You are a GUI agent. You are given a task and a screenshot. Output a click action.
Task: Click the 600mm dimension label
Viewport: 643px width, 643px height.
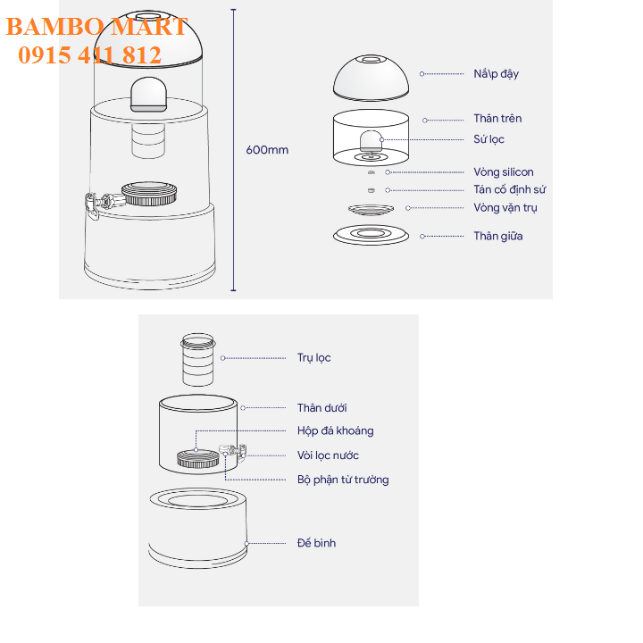(x=267, y=150)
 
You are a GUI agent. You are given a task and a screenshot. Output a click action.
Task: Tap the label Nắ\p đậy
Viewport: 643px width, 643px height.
(x=497, y=74)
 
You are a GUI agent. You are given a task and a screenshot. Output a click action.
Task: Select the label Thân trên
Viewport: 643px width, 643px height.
(x=497, y=119)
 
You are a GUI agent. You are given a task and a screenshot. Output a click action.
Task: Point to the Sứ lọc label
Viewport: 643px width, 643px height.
(x=489, y=139)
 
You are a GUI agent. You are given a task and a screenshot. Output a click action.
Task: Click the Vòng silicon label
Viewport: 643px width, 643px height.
(x=504, y=171)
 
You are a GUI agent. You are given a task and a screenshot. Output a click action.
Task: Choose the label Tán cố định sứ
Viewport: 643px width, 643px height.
(x=510, y=189)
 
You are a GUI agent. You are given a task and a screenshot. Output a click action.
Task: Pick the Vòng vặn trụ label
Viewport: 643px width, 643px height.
(x=505, y=208)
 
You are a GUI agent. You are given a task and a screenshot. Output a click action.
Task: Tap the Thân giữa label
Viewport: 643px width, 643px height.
(x=498, y=236)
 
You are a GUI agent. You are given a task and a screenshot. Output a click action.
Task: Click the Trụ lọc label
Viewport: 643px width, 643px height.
(x=314, y=358)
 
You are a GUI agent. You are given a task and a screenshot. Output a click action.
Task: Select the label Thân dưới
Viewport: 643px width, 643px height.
(x=321, y=408)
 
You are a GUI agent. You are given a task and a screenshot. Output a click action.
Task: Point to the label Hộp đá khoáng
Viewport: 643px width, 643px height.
(x=336, y=431)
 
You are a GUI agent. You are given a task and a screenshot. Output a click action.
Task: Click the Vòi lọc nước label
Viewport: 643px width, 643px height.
(x=328, y=455)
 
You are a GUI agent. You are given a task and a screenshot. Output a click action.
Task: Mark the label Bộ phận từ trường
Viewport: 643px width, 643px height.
(x=343, y=480)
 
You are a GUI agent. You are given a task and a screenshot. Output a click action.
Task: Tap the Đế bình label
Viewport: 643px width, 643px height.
(x=316, y=543)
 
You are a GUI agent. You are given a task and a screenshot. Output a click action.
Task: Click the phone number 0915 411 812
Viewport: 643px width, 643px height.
(x=90, y=55)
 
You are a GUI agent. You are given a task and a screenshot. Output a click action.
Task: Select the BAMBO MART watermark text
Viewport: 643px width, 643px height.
(x=96, y=27)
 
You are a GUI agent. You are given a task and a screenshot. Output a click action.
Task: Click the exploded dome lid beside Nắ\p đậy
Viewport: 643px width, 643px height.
(x=372, y=78)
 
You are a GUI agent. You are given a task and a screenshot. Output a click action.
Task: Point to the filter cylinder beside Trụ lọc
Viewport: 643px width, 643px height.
(x=198, y=360)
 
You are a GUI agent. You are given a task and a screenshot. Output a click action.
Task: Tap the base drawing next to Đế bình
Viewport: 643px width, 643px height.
(x=197, y=528)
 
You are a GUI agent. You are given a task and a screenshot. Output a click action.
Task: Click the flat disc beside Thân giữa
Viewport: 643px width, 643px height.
(x=372, y=235)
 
